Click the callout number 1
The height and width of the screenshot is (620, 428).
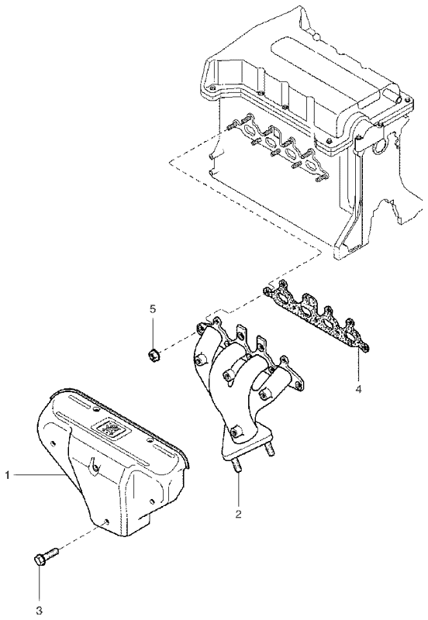pyautogui.click(x=7, y=473)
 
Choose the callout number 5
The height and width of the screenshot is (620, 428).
pyautogui.click(x=153, y=308)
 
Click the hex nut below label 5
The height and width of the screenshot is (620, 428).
pyautogui.click(x=154, y=356)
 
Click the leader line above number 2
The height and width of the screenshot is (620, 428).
pyautogui.click(x=239, y=488)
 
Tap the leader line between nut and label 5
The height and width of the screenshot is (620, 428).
pyautogui.click(x=153, y=332)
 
